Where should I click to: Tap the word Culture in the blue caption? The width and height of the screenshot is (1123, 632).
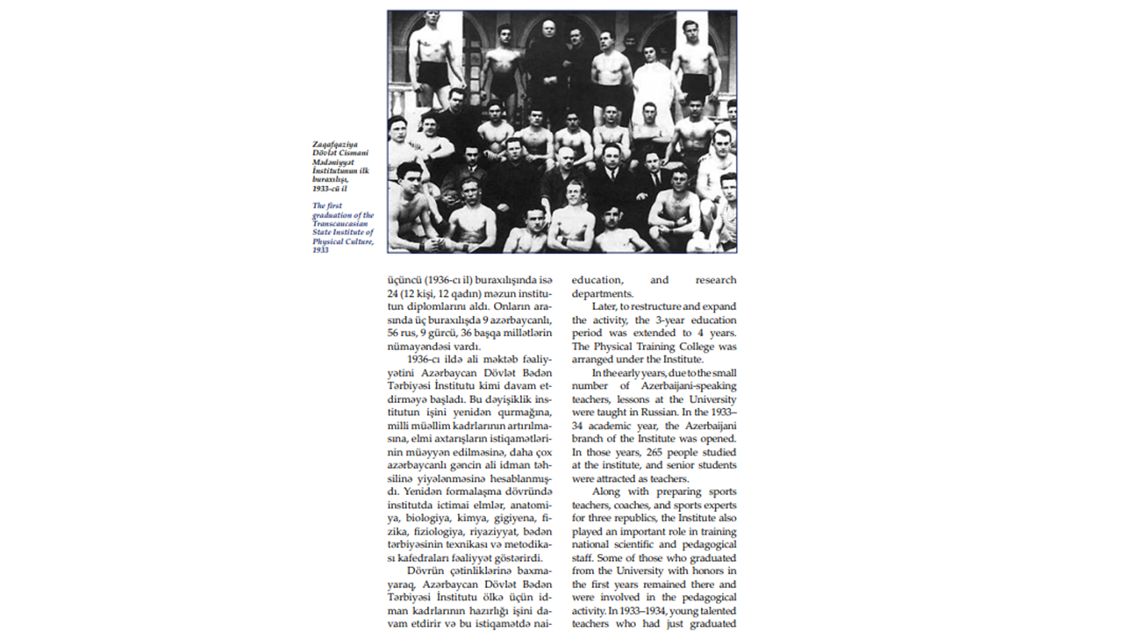356,241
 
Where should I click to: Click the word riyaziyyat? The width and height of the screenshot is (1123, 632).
497,531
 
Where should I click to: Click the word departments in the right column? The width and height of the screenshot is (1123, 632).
603,293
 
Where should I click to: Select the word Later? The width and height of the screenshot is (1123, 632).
604,306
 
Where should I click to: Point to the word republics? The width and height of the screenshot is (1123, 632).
631,518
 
